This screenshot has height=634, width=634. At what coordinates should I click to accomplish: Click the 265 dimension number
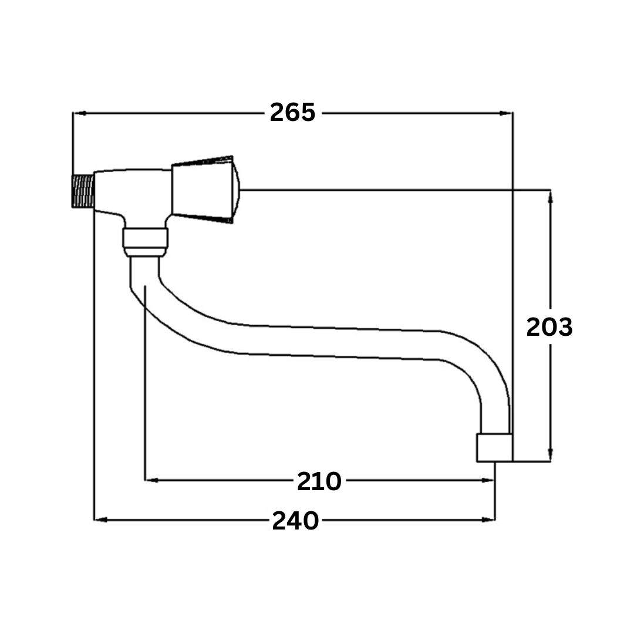point(292,112)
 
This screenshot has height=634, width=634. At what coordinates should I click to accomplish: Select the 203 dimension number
point(549,327)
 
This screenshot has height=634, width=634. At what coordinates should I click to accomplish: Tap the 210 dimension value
point(319,481)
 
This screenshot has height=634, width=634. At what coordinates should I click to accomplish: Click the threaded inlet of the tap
point(83,191)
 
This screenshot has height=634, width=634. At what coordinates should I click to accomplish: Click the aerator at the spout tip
point(494,447)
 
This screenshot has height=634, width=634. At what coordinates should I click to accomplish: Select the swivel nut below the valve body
point(145,242)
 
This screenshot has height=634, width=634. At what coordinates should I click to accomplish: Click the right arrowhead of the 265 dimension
point(506,114)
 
